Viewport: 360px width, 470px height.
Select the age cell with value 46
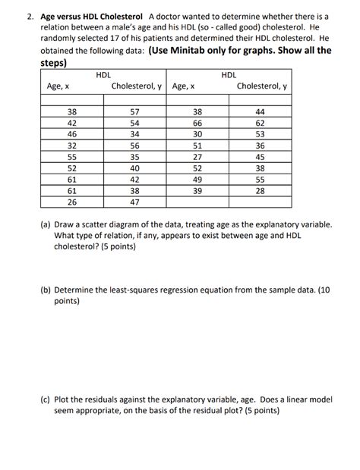(72, 134)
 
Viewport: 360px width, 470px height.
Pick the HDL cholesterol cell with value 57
(135, 111)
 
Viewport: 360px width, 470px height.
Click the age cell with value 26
(72, 202)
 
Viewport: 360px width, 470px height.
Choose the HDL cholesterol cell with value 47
(135, 202)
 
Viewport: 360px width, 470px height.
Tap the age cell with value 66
(197, 123)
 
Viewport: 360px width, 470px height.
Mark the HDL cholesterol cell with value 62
(261, 123)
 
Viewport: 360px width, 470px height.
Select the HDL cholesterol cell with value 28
(261, 191)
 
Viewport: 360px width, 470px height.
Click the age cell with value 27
(197, 157)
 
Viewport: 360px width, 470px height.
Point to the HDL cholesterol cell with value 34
(135, 134)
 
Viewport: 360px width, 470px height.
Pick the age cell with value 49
(197, 180)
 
